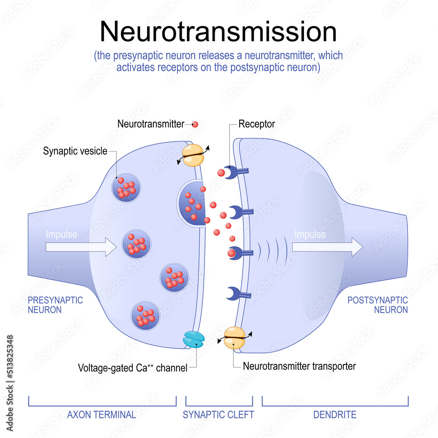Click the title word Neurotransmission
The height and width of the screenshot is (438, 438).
point(218,32)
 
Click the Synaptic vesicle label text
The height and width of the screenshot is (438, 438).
point(75,152)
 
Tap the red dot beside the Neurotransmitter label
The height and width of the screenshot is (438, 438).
point(195,124)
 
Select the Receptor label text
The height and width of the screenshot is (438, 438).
point(257,124)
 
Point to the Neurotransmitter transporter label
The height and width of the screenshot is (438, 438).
point(299,366)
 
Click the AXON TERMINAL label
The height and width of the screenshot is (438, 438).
point(102,414)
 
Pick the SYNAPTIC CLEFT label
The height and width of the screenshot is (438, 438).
point(219,414)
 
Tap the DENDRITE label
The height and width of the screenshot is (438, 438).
point(335,414)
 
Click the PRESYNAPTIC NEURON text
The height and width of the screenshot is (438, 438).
point(55,305)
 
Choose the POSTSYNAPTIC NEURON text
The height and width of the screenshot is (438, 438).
point(378,305)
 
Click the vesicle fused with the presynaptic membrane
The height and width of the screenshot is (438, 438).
point(192,203)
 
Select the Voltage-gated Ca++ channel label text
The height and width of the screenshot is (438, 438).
point(132,368)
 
